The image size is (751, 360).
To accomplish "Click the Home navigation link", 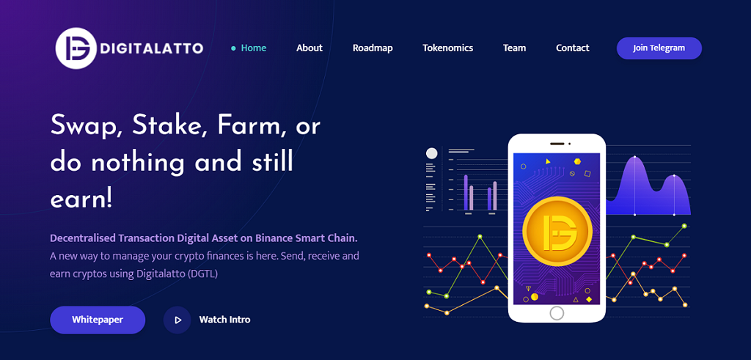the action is tap(253, 48).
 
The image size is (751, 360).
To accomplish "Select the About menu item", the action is tap(309, 48).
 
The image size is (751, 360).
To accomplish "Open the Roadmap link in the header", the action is tap(373, 48).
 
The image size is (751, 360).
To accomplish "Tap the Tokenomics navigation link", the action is tap(448, 48).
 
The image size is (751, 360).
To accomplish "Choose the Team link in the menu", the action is tap(514, 48).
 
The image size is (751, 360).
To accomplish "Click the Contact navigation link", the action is tap(572, 48).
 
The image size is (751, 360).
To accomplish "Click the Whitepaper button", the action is tap(98, 320).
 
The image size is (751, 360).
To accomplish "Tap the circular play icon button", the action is tap(177, 320).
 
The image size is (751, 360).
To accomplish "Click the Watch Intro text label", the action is tap(224, 320).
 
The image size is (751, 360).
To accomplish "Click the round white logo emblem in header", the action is tap(76, 48).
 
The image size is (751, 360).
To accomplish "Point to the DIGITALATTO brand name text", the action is tap(152, 48).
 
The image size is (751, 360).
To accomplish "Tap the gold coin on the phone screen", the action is tap(557, 232).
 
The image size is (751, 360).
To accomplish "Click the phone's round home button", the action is tap(557, 313).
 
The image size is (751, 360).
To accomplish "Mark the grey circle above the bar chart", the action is tap(431, 153).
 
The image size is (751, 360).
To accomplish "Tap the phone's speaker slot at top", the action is tap(557, 144).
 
